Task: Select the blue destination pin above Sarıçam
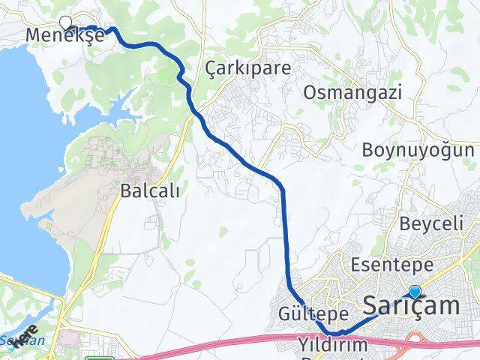point(415,292)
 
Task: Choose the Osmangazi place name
point(352,93)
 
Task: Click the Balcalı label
point(150,191)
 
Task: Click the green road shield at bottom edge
point(94,357)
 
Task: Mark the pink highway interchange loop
point(412,341)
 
